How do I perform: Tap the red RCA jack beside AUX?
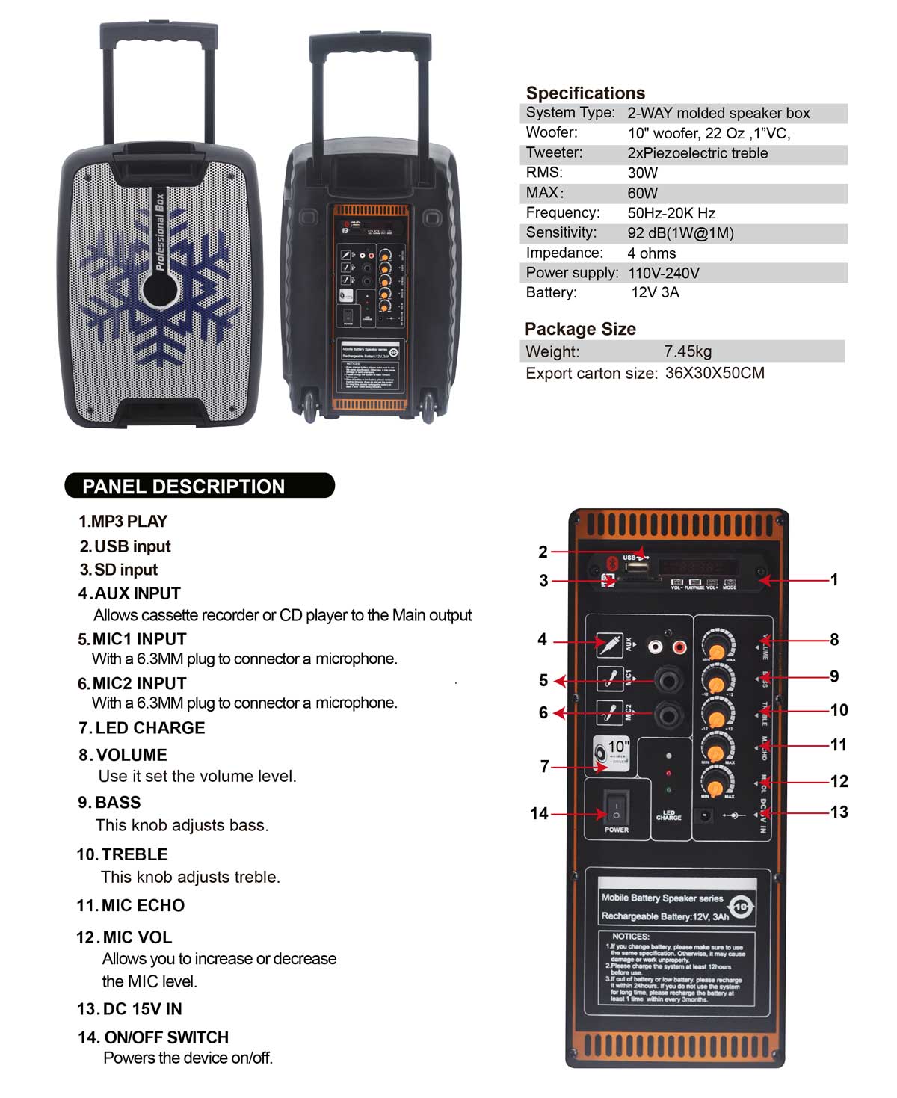coord(680,644)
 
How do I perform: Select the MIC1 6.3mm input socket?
coord(668,680)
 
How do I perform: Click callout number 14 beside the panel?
coord(539,813)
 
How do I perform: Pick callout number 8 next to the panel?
coord(834,639)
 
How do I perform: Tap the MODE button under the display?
coord(730,583)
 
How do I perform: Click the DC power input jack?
coord(703,815)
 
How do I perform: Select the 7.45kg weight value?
coord(688,351)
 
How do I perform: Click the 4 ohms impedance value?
coord(652,253)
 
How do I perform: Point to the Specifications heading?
coord(585,93)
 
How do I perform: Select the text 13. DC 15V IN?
coord(129,1009)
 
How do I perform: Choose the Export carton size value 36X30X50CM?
coord(715,373)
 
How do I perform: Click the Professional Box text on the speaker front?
coord(158,232)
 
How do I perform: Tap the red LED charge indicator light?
coord(668,773)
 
